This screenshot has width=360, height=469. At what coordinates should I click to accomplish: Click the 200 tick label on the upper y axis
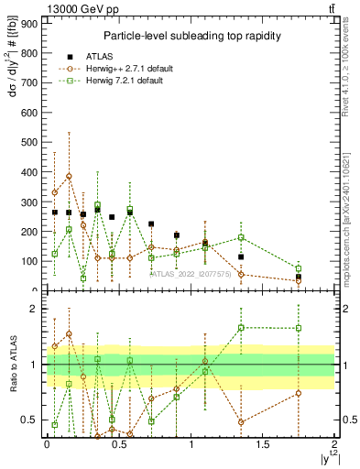[x=30, y=232]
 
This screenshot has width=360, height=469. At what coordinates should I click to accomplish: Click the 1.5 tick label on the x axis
[x=262, y=444]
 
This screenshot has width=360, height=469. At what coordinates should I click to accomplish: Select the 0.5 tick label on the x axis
[x=118, y=444]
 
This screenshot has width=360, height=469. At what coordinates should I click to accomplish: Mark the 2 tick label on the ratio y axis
[x=34, y=310]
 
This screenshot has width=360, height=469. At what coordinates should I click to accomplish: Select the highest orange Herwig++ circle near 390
[x=69, y=176]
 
